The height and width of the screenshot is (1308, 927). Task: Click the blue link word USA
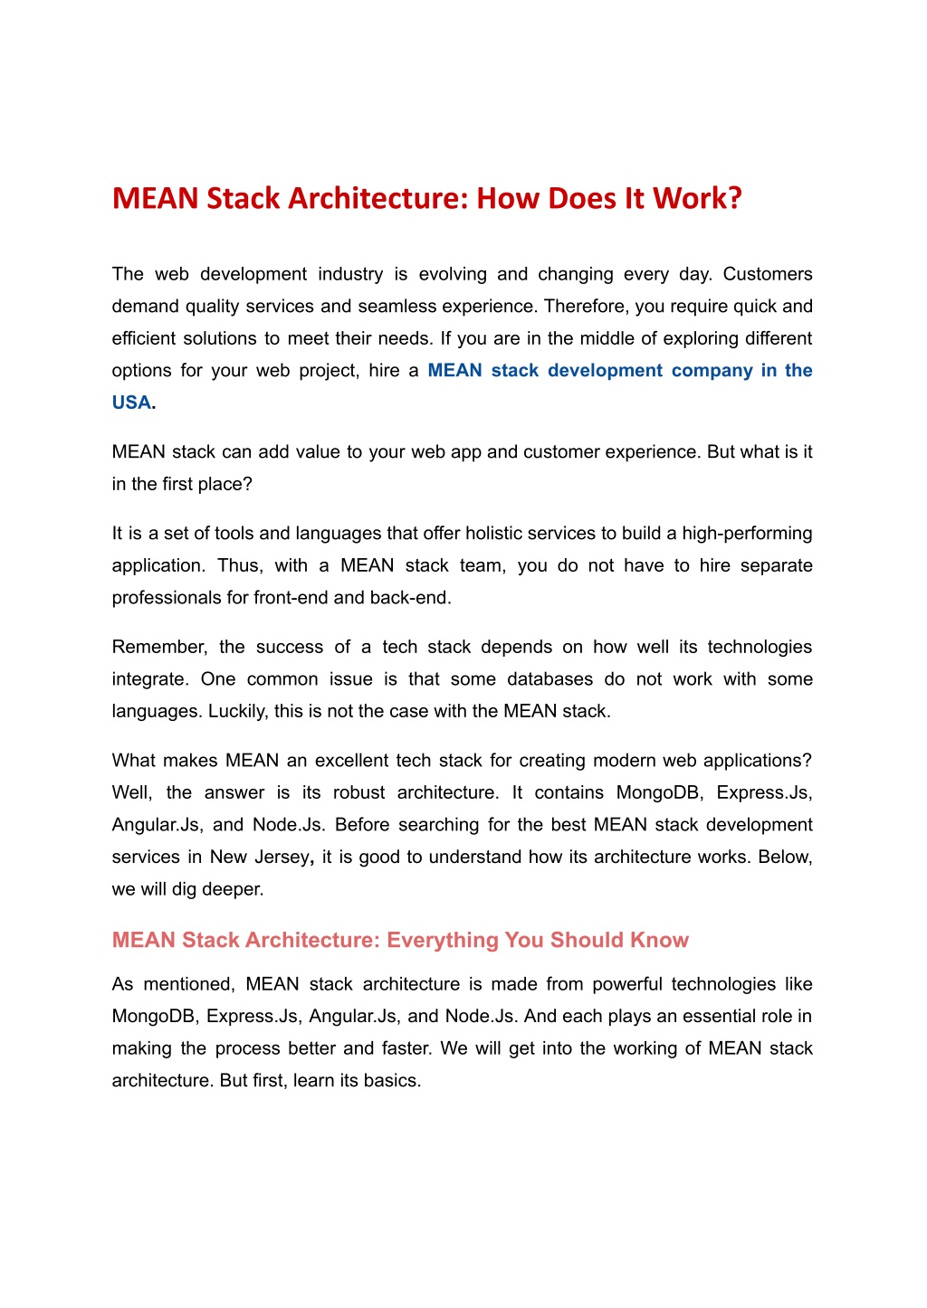(131, 403)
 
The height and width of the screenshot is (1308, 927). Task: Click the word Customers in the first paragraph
(768, 274)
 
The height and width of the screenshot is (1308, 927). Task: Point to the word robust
(359, 792)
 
